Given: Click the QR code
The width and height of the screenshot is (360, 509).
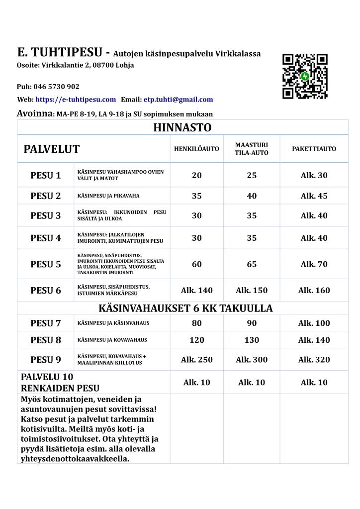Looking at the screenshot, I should (305, 76).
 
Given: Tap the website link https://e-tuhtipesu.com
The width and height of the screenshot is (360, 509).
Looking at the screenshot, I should (76, 100).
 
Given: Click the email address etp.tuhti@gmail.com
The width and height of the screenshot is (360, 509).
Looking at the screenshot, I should (178, 100).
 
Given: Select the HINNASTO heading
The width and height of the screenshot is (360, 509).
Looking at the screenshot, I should (182, 127).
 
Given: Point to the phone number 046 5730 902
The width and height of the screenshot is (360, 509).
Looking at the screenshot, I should (56, 87).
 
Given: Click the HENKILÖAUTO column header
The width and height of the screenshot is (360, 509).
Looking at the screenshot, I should (196, 149).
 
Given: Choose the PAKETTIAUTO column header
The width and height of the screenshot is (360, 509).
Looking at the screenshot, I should (314, 149).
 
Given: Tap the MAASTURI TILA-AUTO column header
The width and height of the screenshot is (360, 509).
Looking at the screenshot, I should (251, 149).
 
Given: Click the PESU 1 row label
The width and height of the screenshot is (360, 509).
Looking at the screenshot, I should (46, 175).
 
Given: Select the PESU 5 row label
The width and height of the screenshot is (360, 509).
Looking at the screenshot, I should (46, 264).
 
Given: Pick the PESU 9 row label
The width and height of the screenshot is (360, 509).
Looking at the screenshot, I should (46, 360).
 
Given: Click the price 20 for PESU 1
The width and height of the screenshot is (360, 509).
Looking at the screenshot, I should (197, 175).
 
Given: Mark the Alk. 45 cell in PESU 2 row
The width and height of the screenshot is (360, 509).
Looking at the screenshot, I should (314, 196).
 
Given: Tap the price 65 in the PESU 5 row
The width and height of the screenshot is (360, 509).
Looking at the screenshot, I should (252, 264).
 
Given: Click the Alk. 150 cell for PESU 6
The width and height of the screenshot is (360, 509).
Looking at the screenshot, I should (252, 291).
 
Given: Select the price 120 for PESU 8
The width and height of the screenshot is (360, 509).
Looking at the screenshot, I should (197, 340).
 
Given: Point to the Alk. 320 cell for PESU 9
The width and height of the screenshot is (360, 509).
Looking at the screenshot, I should (314, 360).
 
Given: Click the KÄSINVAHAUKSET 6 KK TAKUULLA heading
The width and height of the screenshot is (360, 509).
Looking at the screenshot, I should (182, 308).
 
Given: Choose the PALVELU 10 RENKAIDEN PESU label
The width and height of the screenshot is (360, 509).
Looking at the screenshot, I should (60, 383).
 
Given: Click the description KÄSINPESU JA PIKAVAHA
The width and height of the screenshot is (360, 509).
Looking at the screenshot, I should (102, 196).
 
